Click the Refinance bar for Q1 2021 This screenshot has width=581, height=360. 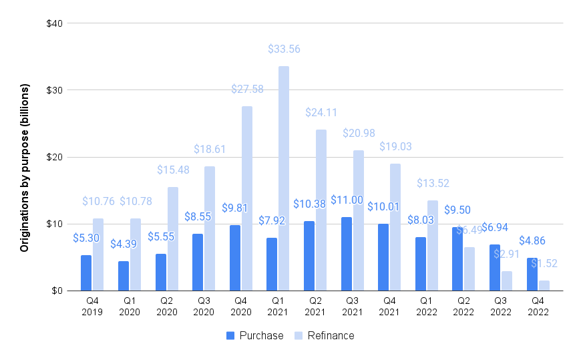point(284,178)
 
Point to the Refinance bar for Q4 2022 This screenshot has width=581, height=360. point(544,285)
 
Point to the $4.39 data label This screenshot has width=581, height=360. point(123,244)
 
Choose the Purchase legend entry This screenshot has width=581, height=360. point(254,335)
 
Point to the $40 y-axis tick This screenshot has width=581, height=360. point(54,23)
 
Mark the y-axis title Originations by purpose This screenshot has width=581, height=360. point(25,168)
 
